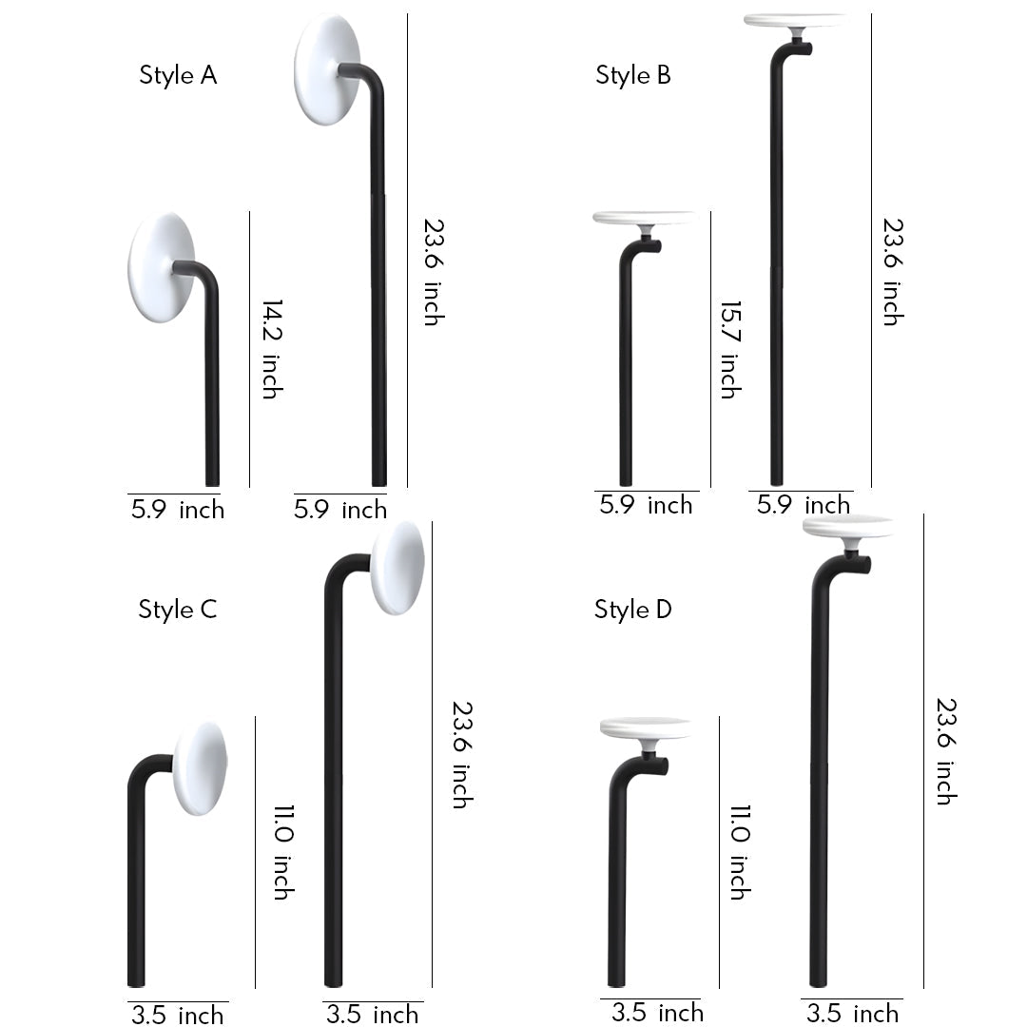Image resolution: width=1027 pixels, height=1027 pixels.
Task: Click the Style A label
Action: click(x=178, y=75)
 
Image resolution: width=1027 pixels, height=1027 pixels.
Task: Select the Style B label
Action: click(x=633, y=75)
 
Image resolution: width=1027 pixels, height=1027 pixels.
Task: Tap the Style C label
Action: click(x=178, y=610)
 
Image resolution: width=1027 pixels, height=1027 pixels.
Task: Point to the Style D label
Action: click(x=633, y=610)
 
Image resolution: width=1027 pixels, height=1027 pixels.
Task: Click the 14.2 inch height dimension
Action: click(x=272, y=349)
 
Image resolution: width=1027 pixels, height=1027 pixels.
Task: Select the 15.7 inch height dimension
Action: click(x=728, y=349)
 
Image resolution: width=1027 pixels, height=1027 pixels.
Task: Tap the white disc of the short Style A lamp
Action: click(x=161, y=266)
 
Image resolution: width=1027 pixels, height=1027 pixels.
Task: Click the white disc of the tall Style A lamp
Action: click(x=326, y=68)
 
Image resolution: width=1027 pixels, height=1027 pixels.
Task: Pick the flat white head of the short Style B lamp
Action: click(x=644, y=218)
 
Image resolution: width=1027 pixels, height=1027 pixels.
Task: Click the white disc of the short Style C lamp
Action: click(x=200, y=768)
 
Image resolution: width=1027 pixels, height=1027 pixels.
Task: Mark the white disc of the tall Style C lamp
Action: click(x=397, y=568)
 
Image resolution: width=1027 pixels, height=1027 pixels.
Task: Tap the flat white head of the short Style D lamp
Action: click(x=646, y=728)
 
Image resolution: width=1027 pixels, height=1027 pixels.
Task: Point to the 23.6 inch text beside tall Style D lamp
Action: click(x=944, y=751)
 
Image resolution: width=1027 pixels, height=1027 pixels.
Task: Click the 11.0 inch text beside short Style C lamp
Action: click(x=282, y=851)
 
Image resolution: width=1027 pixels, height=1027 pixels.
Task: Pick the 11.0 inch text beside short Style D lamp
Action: click(x=740, y=851)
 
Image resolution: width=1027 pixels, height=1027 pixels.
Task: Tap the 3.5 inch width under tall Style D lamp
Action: click(x=852, y=1013)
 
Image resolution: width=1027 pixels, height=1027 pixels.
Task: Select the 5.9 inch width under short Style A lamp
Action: click(x=178, y=510)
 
